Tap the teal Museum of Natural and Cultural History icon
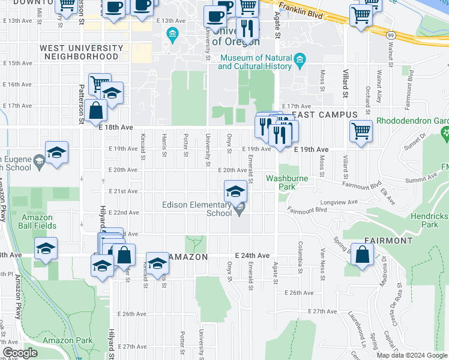pos(300,59)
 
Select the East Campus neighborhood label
pos(324,115)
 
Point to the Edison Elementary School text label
pos(197,209)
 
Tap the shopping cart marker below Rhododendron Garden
pos(361,130)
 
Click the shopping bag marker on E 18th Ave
pos(95,110)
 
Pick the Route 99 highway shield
pos(391,37)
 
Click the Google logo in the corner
pos(20,352)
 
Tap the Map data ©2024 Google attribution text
pos(412,355)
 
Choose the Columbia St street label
pos(299,255)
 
